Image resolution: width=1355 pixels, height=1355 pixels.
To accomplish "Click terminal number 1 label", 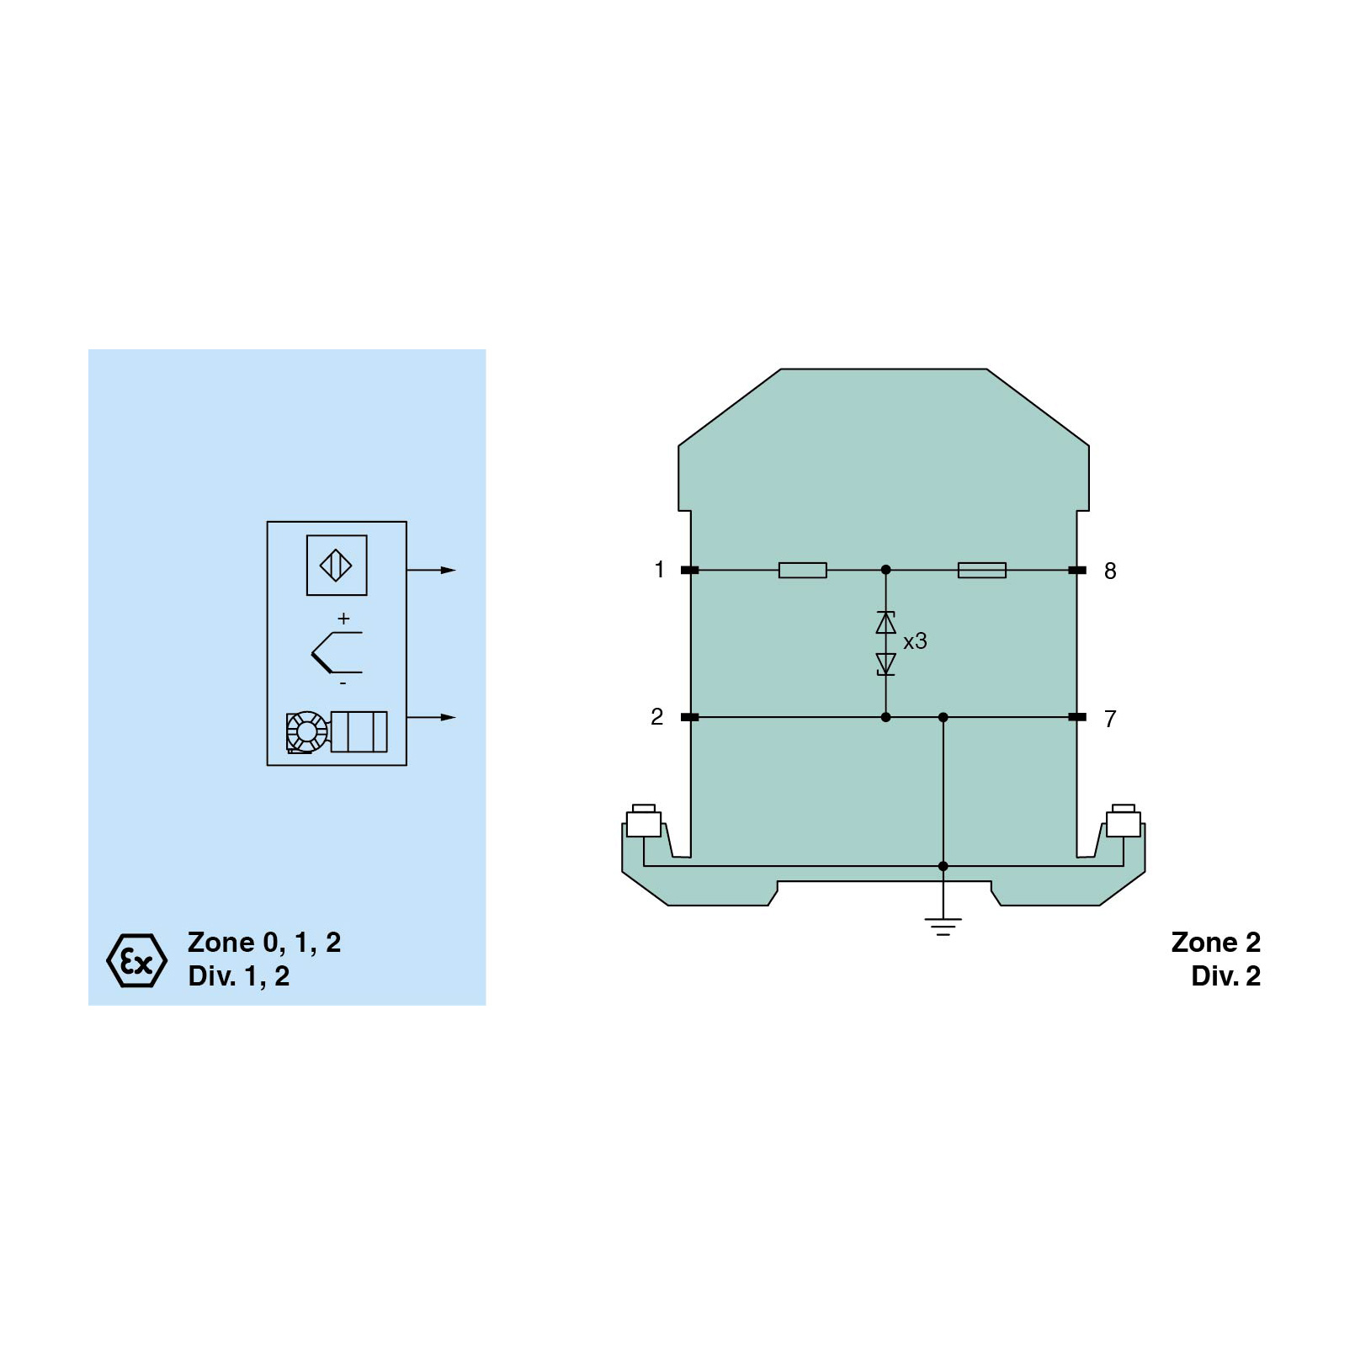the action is click(660, 570).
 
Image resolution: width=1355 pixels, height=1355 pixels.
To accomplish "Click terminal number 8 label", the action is click(1110, 571).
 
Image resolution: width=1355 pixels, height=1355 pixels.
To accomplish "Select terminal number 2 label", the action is click(657, 717).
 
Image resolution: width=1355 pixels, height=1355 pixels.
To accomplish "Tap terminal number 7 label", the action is click(1110, 719).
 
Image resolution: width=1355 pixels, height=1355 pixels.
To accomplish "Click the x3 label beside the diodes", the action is click(915, 641).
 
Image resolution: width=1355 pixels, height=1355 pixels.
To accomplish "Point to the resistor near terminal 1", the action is click(803, 571).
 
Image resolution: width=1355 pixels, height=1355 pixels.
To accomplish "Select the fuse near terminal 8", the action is click(982, 571).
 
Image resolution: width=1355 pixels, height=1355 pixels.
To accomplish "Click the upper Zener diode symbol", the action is click(885, 623).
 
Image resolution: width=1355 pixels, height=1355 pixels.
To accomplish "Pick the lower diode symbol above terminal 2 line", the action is click(885, 664).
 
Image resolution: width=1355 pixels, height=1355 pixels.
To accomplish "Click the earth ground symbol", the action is click(943, 927).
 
